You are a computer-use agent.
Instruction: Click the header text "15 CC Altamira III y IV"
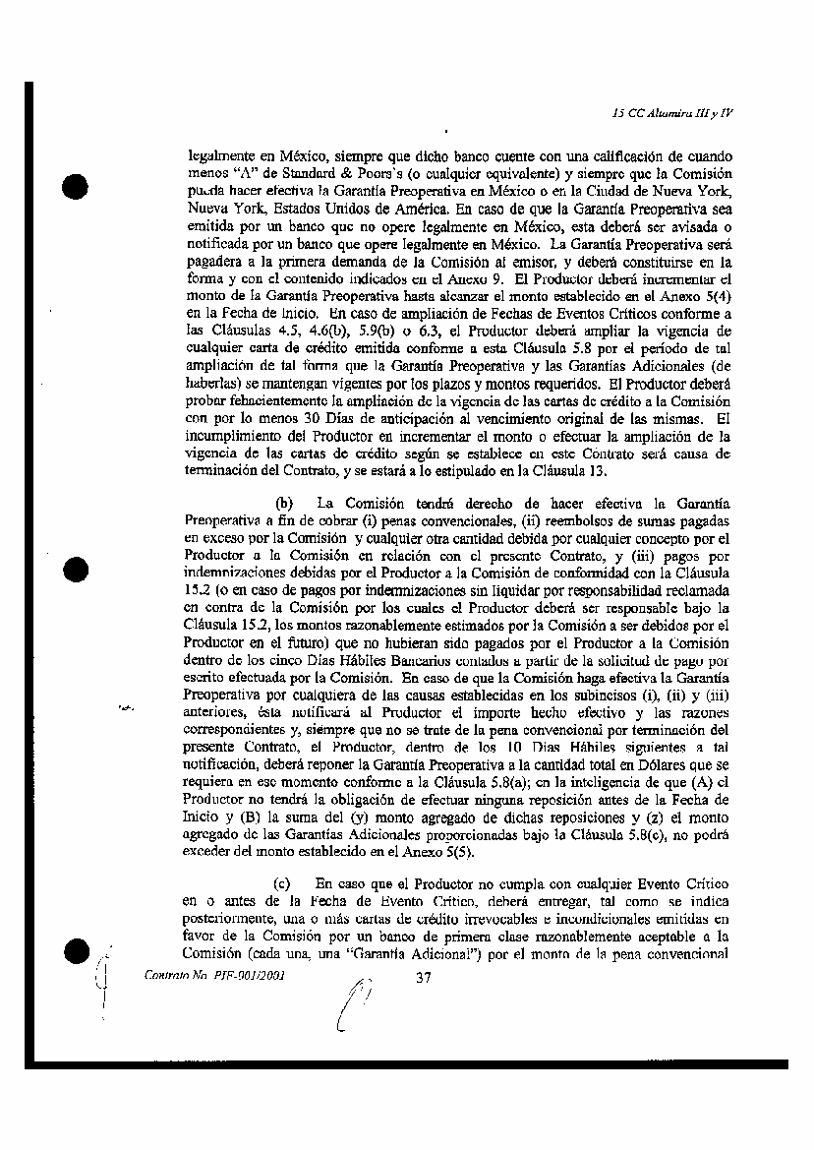click(671, 113)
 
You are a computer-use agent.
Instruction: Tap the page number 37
click(425, 978)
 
